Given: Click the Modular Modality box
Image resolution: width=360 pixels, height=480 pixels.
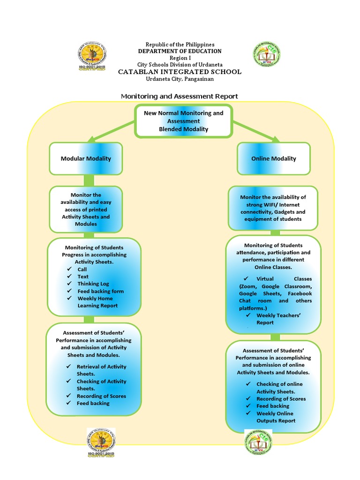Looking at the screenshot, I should pos(86,158).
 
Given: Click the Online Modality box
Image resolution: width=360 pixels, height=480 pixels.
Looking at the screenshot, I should pos(273,158).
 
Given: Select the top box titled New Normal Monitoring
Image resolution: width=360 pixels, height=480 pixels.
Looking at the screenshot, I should pos(183,121).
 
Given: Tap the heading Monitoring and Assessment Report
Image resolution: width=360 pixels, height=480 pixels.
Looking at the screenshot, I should pos(180,96).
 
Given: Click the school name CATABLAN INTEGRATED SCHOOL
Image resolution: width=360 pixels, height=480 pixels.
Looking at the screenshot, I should pos(180,72).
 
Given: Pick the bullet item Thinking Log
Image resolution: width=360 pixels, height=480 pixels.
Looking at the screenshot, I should pos(93,284).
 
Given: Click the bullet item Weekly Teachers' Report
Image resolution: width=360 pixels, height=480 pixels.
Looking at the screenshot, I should pos(278,319).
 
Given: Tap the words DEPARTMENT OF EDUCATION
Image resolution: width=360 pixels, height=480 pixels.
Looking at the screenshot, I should pos(180,51).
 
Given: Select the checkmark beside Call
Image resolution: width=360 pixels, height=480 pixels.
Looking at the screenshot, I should pos(69,270).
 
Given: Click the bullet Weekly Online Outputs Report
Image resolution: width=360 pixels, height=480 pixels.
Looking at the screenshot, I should pos(276,417).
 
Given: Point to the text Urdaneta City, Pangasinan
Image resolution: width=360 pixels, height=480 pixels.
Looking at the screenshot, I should pos(180,79).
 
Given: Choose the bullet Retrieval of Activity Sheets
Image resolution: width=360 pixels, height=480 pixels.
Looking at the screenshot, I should pos(101,370).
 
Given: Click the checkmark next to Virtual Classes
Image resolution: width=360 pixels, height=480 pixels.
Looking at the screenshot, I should pos(246,278).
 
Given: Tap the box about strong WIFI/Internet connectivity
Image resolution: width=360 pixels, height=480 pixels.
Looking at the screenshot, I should pos(273,208).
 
